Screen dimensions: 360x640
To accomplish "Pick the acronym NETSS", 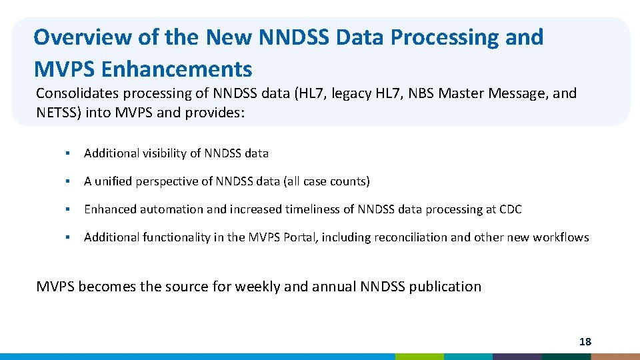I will pyautogui.click(x=58, y=112).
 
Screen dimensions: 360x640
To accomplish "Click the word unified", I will pyautogui.click(x=115, y=181).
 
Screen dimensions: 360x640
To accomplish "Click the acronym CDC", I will pyautogui.click(x=510, y=209).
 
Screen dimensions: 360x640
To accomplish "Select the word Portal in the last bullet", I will pyautogui.click(x=300, y=237).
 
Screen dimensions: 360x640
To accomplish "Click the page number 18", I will pyautogui.click(x=585, y=342).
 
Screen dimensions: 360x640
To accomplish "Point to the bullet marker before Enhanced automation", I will pyautogui.click(x=67, y=209).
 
